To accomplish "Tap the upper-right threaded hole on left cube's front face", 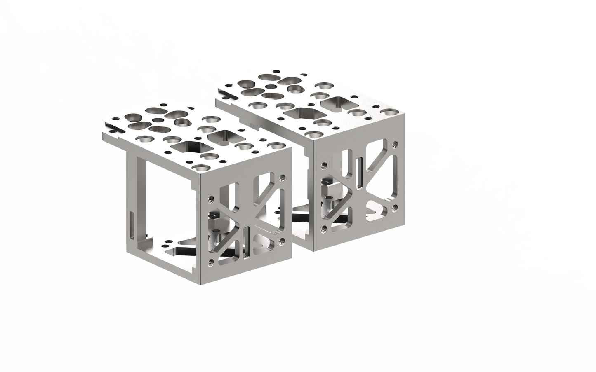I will (283, 179).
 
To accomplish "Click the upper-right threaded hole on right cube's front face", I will (396, 145).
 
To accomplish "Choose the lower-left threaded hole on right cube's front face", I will (325, 227).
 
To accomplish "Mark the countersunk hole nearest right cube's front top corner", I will (314, 134).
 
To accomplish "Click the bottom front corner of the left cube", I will (200, 284).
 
